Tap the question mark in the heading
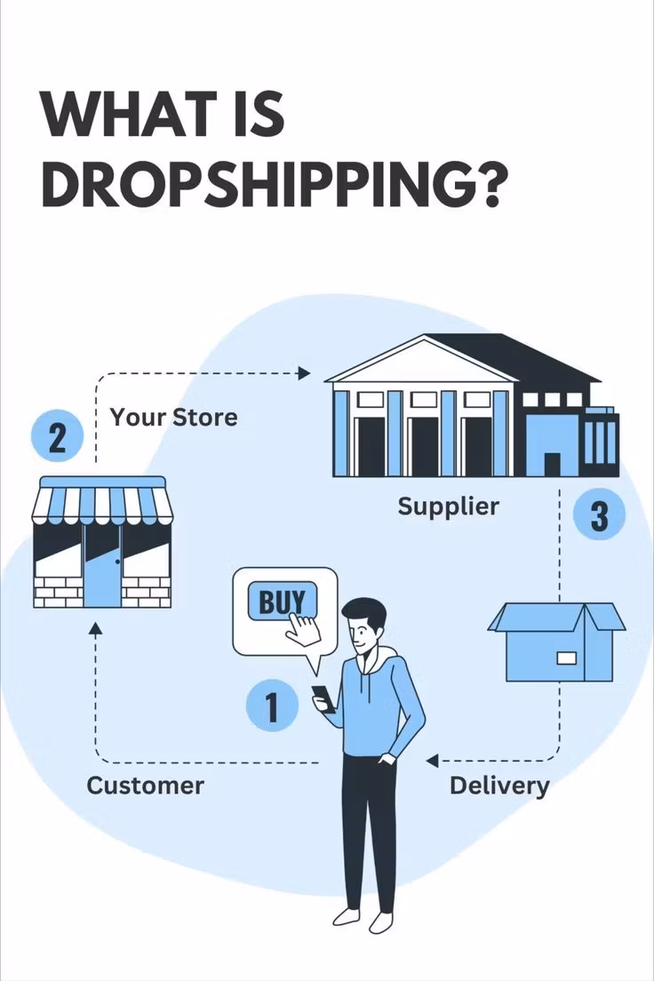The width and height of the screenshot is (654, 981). pos(486,186)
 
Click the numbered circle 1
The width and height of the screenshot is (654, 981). pos(272,706)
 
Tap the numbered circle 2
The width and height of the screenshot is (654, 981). pos(57,435)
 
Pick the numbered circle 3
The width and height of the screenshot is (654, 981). pos(599,515)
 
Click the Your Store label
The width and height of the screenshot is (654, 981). pos(173,418)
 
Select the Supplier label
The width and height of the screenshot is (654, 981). pos(448,506)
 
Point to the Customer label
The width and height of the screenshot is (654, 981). pos(145,786)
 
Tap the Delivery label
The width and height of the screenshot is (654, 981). pos(499,786)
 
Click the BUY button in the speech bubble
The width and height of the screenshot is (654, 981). pos(283,602)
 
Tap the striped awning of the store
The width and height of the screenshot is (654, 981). pos(103,499)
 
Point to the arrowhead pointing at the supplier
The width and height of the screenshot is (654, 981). pos(304,373)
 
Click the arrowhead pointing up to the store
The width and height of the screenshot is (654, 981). pos(95,628)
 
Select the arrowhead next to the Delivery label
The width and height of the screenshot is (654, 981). pos(432,761)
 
